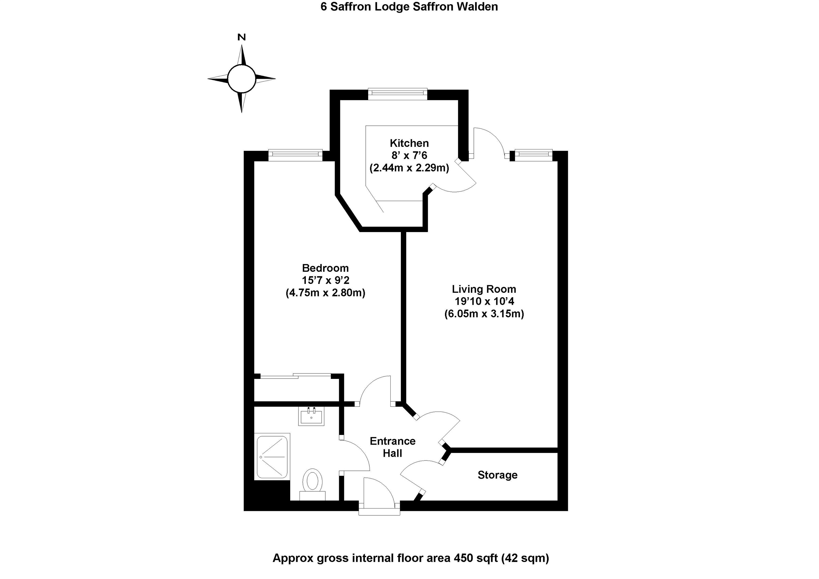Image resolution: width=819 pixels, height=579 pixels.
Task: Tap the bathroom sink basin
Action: (x=311, y=417)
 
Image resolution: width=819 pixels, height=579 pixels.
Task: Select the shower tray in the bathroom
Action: (x=272, y=456)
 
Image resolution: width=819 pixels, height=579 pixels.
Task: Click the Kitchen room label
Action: (x=409, y=143)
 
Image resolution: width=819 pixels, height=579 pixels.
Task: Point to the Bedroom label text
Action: (x=325, y=268)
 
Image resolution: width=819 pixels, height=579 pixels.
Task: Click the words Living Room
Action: (x=484, y=289)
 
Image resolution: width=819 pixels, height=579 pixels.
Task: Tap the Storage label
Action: (x=497, y=475)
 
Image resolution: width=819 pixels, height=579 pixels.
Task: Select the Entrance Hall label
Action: (x=392, y=447)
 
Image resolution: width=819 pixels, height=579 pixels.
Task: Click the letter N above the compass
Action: (x=242, y=37)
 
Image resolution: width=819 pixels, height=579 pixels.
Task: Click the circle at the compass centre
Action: (x=242, y=78)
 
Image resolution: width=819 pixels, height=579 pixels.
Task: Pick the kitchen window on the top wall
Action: (x=397, y=93)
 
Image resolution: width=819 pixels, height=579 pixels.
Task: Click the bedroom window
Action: (x=295, y=154)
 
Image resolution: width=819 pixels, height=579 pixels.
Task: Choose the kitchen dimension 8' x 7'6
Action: (x=409, y=155)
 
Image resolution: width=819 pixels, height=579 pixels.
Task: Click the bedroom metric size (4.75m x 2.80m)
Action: (x=325, y=293)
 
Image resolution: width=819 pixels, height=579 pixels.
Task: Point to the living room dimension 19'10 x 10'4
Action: (x=484, y=301)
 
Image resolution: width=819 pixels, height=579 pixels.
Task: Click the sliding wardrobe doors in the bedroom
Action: (x=295, y=375)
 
